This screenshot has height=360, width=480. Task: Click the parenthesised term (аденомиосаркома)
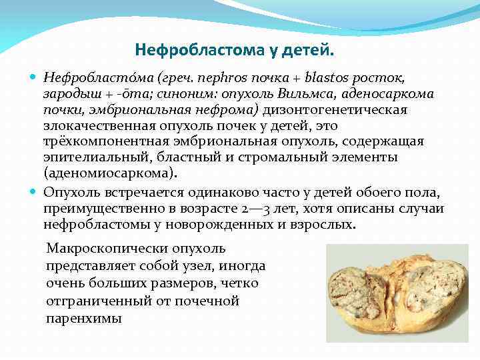pos(110,173)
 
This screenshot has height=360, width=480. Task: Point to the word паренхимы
pos(84,319)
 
